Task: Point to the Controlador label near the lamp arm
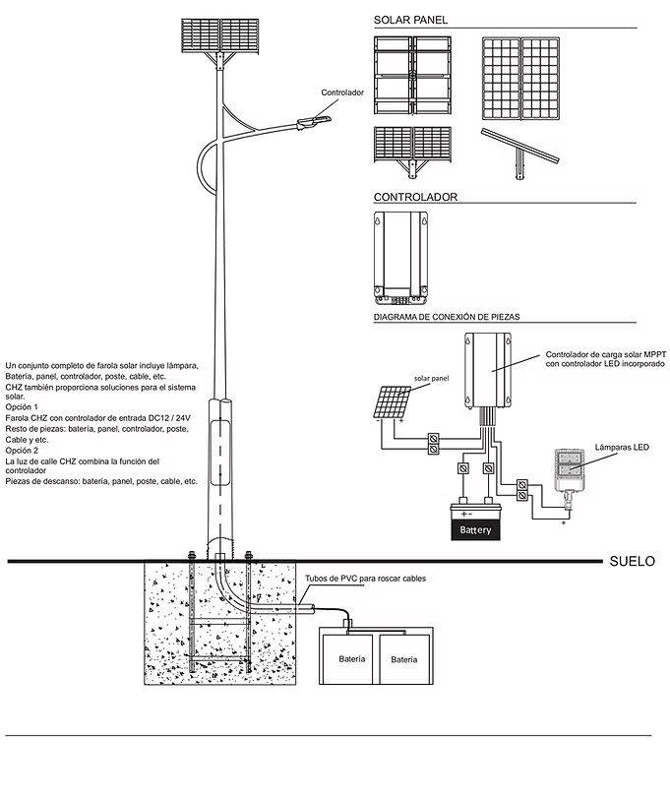pos(342,92)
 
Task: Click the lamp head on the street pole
pos(318,120)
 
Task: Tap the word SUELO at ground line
pos(632,563)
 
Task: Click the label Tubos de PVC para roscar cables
pos(365,580)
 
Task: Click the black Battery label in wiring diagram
pos(475,530)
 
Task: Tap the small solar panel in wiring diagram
pos(391,401)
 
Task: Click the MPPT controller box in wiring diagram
pos(488,370)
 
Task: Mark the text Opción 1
pos(22,406)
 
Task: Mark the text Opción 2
pos(22,450)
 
